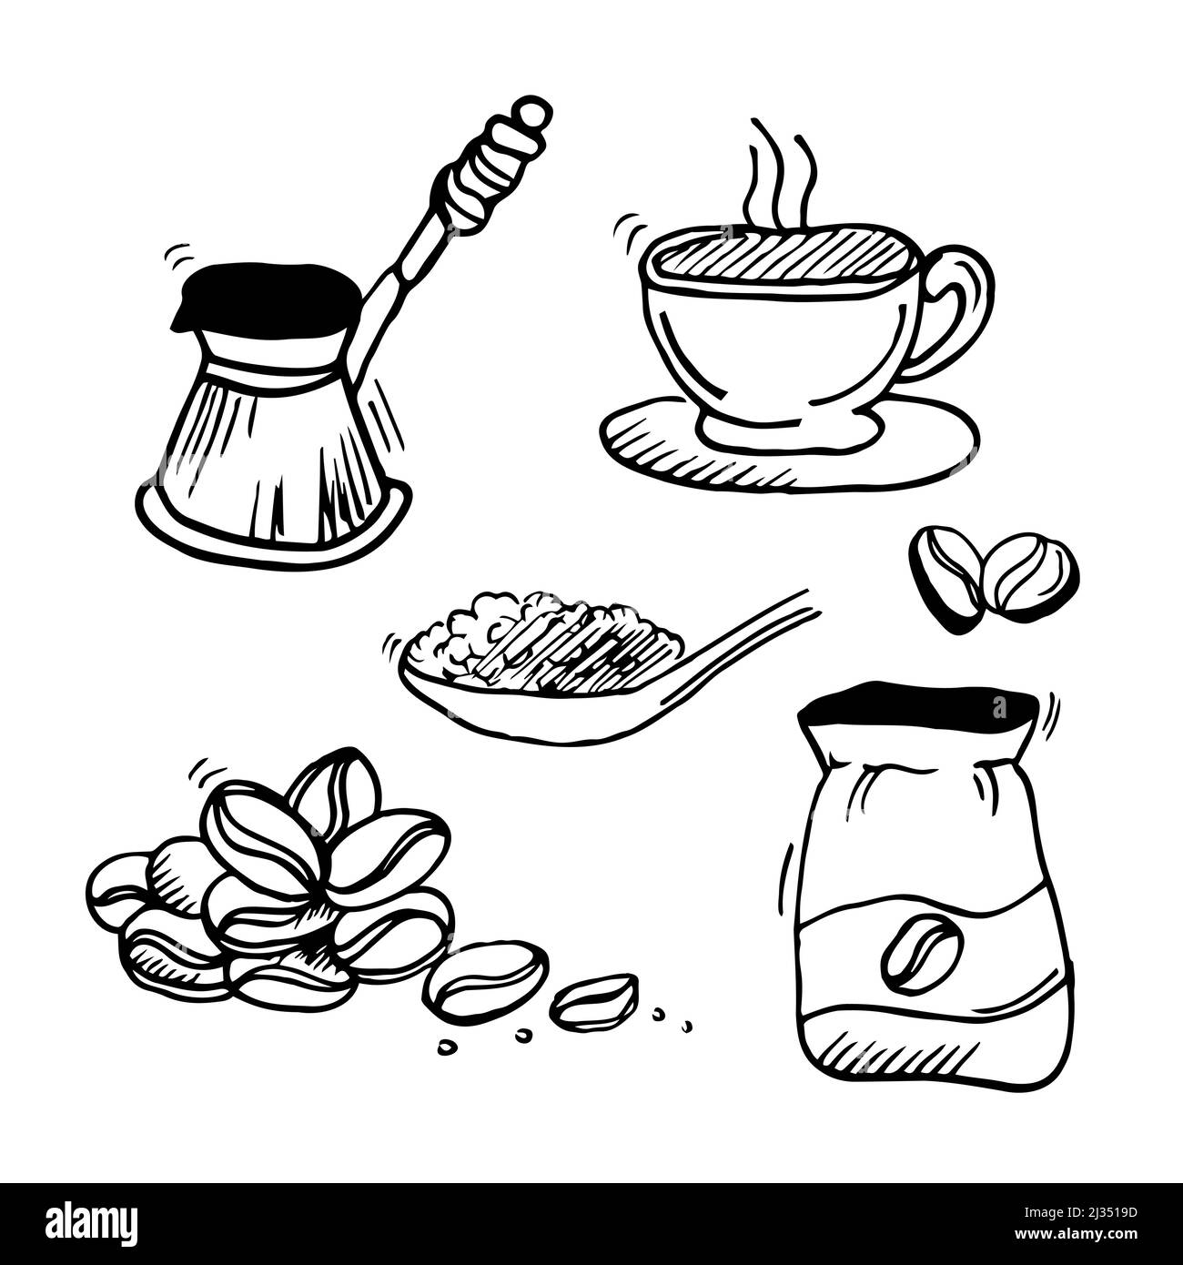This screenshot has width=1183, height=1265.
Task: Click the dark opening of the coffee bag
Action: [920, 708]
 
